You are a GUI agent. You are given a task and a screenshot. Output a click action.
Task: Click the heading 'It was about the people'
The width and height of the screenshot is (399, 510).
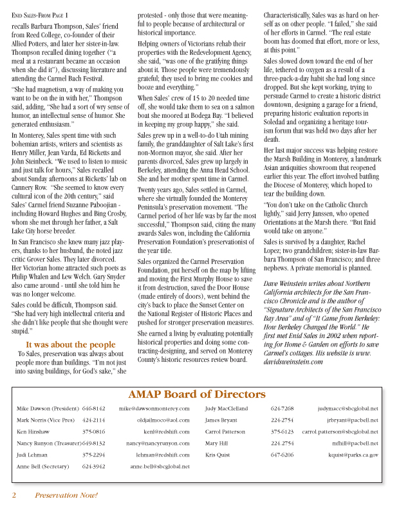coord(71,345)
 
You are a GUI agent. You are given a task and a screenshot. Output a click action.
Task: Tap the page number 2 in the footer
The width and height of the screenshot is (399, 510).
coord(14,495)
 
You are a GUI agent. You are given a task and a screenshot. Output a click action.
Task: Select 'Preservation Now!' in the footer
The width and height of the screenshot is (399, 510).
coord(66,495)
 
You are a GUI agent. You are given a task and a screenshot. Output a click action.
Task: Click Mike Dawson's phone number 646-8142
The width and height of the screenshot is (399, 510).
coord(94,408)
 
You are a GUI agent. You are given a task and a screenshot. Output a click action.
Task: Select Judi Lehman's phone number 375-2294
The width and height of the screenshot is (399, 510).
coord(94,455)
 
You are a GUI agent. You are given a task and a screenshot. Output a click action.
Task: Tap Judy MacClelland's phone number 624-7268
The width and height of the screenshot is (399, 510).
coord(283,408)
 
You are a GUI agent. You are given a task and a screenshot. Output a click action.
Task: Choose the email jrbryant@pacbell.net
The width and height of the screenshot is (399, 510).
coord(353,420)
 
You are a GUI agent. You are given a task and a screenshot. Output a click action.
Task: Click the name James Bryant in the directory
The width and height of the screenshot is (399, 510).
coord(221,420)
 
